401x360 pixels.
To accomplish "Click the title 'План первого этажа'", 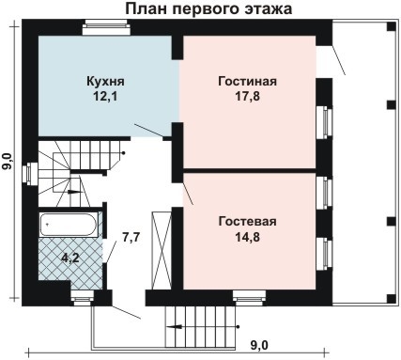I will [208, 9].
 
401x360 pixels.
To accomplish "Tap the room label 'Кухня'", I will [105, 82].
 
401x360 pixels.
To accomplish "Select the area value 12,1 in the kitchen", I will [105, 97].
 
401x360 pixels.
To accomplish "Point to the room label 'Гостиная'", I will [247, 82].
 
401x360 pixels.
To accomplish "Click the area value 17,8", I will [247, 97].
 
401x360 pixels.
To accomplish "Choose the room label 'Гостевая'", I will [247, 222].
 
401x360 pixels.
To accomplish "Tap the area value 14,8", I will [247, 238].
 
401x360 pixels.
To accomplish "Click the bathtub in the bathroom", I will [69, 225].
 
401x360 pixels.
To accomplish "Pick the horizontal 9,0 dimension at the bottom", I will [258, 345].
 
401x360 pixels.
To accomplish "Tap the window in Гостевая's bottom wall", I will [249, 301].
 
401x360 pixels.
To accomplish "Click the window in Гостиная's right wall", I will [326, 122].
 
